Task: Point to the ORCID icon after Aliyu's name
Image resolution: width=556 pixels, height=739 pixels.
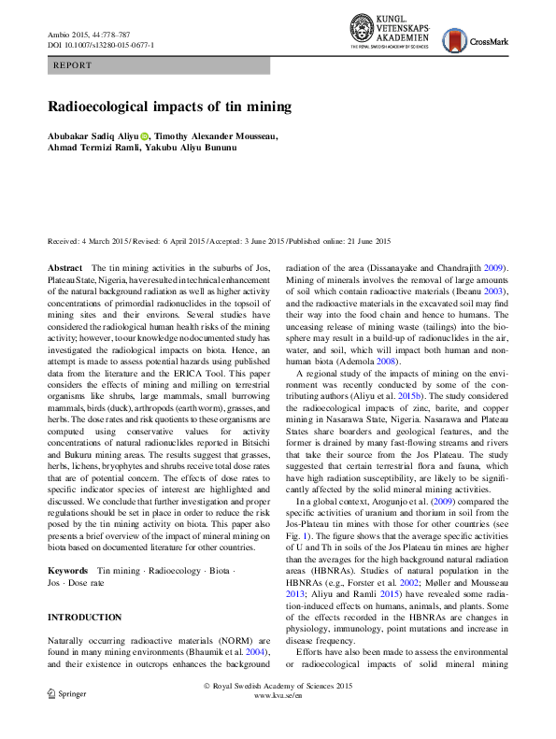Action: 145,136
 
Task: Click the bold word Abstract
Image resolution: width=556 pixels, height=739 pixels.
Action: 64,268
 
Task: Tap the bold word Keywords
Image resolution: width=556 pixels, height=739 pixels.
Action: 68,569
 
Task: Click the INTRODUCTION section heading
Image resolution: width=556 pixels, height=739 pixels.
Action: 84,618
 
